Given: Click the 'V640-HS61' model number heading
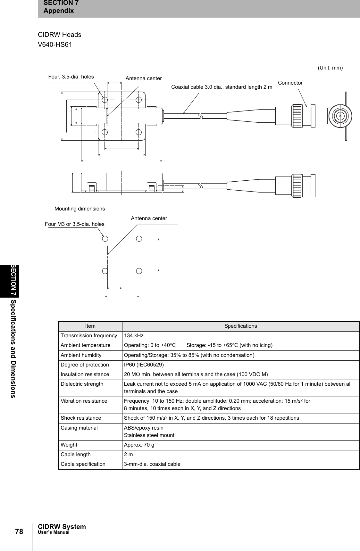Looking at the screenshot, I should [55, 45].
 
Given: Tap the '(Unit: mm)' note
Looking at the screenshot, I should [330, 68].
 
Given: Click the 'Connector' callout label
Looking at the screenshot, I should [290, 83].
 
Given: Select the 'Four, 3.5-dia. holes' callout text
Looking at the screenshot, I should [71, 77].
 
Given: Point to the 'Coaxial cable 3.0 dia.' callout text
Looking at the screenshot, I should [222, 87].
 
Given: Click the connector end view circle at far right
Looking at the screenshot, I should [340, 116].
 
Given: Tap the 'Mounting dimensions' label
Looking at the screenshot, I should [80, 209].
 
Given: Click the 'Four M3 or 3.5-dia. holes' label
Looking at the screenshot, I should [75, 224].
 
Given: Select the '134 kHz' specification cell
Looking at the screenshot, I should [134, 336].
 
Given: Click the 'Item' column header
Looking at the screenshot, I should [90, 326].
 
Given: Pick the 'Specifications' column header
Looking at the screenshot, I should [240, 326].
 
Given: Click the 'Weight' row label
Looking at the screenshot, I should [69, 445].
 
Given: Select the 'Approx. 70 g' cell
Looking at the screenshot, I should [139, 445].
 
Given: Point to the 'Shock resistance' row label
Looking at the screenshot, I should [81, 418].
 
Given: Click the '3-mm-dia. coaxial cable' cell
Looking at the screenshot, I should [152, 464].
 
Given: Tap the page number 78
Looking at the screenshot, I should [19, 532].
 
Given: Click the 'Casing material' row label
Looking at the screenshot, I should [79, 428].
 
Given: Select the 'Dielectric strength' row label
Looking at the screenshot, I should [82, 384].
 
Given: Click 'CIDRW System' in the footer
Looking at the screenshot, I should [62, 527].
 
